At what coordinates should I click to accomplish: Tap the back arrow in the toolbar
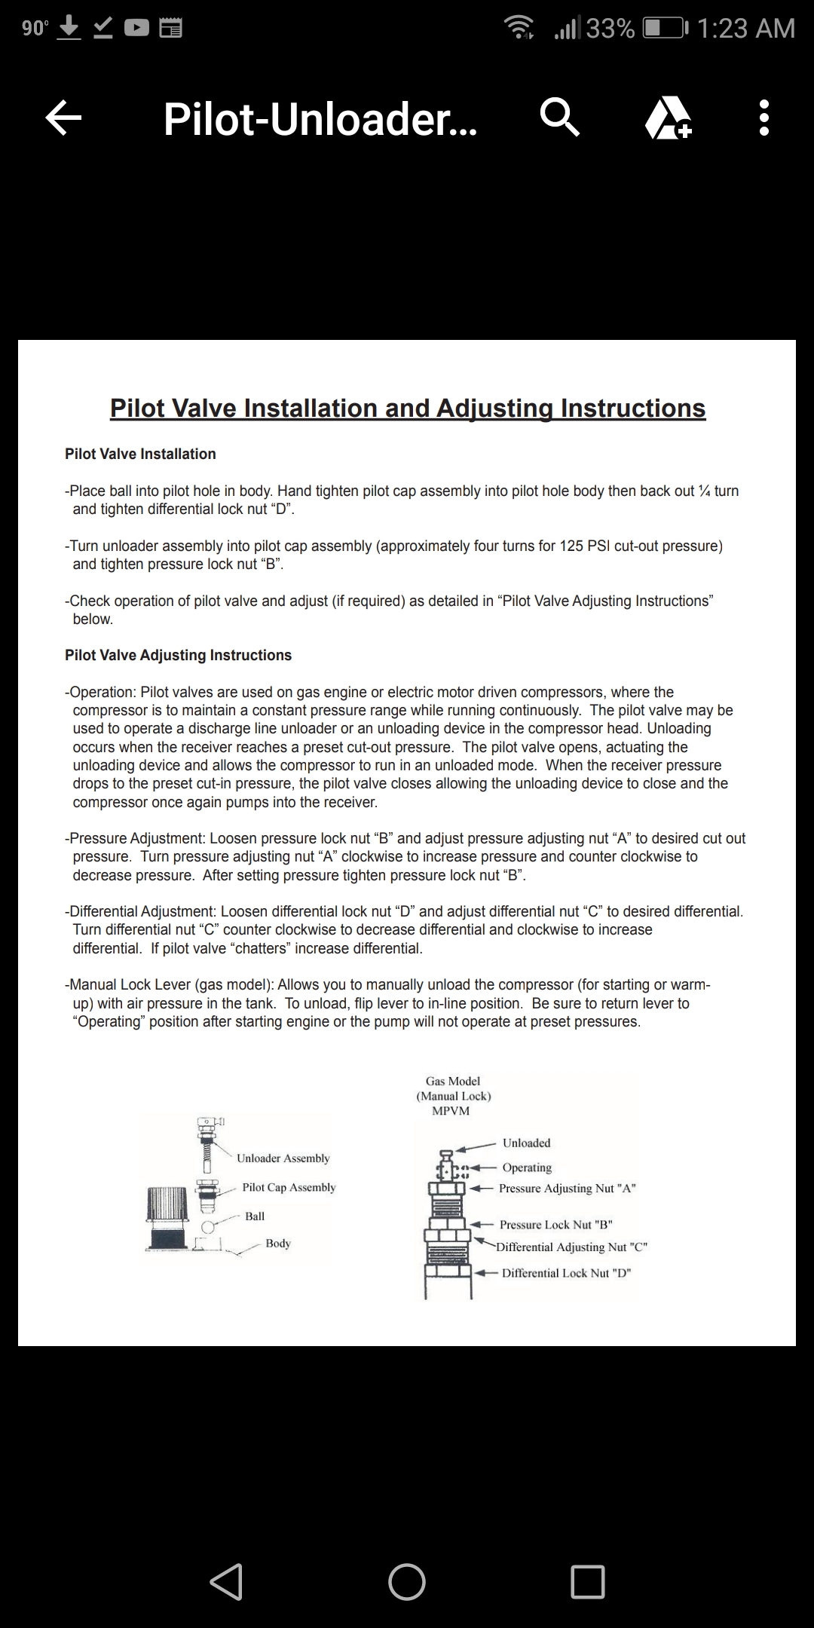click(x=63, y=118)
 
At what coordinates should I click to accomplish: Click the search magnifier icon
click(x=560, y=118)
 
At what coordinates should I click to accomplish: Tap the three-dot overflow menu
click(x=764, y=118)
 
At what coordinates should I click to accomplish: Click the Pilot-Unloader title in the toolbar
click(x=320, y=119)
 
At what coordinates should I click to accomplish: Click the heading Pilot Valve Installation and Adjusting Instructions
click(x=408, y=409)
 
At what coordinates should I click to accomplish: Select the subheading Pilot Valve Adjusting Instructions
click(x=178, y=655)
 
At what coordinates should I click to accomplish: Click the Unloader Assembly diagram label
click(x=283, y=1158)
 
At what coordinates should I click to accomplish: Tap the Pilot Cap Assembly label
click(x=289, y=1187)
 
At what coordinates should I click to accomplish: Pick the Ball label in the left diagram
click(x=255, y=1216)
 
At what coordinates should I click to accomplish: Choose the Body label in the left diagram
click(x=277, y=1243)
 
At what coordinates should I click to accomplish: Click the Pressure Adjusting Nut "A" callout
click(x=567, y=1189)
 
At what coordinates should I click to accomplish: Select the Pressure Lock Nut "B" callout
click(x=555, y=1225)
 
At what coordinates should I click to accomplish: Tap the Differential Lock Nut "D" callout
click(x=566, y=1273)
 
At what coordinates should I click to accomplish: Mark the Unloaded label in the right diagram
click(x=526, y=1143)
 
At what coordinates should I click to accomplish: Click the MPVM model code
click(x=451, y=1111)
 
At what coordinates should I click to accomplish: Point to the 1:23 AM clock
click(x=745, y=29)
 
